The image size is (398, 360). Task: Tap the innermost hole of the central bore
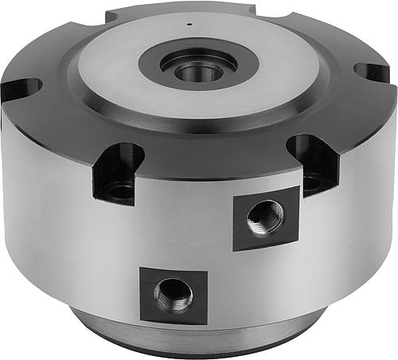199,71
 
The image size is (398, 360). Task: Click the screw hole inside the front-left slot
121,190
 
